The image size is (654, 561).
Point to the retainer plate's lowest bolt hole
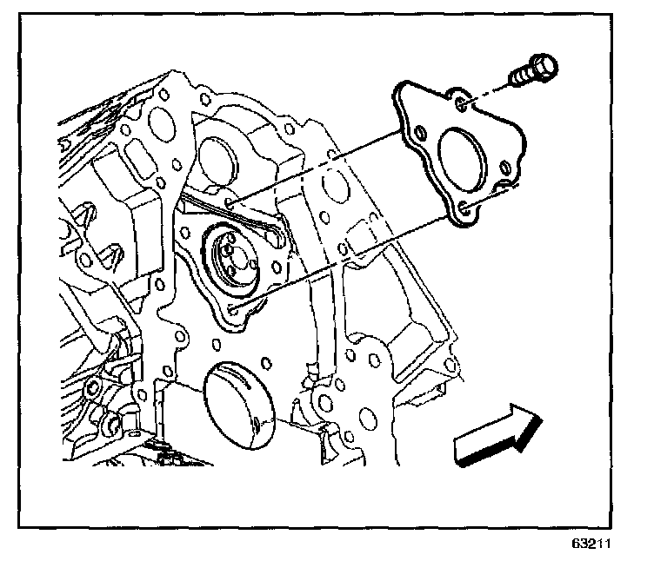[x=465, y=207]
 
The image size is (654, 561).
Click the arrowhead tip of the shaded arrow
[x=543, y=419]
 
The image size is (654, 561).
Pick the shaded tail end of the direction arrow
[x=461, y=450]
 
